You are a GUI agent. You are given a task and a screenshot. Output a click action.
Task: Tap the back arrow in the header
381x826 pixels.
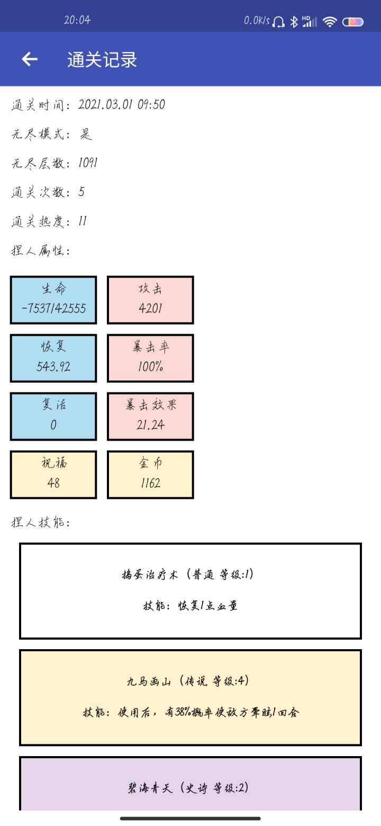pos(30,59)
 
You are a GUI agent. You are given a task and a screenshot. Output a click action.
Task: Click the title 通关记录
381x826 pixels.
pos(102,59)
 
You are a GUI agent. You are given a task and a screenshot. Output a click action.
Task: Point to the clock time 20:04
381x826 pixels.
pos(77,20)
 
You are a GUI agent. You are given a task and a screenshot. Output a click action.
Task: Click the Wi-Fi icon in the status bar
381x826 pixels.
pos(330,22)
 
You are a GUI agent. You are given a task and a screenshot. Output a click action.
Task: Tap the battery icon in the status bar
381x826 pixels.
pos(352,22)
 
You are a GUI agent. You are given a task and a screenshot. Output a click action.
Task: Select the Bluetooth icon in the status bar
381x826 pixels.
pos(294,22)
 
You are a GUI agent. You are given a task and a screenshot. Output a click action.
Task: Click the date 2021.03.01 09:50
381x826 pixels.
pos(122,105)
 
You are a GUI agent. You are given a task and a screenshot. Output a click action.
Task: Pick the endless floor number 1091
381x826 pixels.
pos(88,163)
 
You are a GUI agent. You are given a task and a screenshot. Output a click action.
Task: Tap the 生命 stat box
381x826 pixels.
pos(53,300)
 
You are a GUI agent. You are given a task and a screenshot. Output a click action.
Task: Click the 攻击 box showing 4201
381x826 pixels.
pos(150,300)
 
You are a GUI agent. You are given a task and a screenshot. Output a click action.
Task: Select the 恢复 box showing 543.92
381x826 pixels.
pos(53,358)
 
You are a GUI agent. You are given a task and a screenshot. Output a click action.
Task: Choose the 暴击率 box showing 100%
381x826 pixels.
pos(150,358)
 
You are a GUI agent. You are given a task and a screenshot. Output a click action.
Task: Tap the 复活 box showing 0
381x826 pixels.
pos(53,416)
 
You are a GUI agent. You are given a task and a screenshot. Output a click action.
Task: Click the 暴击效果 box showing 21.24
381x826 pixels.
pos(150,416)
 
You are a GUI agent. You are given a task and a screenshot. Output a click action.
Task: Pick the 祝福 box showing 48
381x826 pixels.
pos(53,474)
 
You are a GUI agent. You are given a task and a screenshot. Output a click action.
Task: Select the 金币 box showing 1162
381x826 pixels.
pos(150,474)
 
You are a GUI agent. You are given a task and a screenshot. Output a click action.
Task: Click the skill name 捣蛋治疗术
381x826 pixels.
pos(150,574)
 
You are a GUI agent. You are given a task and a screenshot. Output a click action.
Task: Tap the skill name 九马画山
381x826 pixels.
pos(149,681)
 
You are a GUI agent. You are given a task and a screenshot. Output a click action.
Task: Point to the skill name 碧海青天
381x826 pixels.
pos(150,788)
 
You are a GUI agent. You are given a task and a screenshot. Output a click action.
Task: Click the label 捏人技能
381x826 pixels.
pos(40,522)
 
